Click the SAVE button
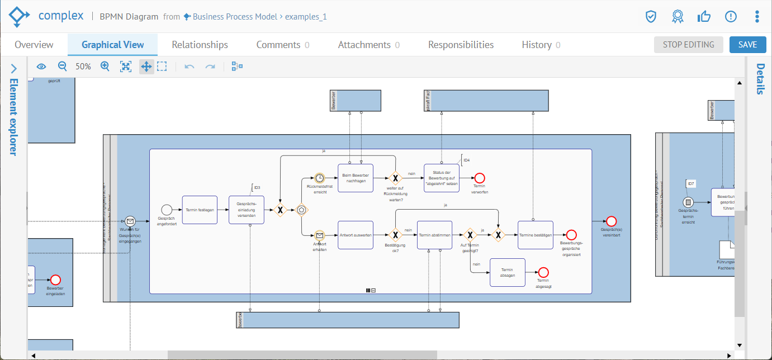pos(747,45)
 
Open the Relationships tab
pos(200,45)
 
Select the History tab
pos(537,45)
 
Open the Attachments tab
pos(364,45)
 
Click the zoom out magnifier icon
pos(63,67)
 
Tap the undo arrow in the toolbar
pos(190,67)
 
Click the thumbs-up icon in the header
pos(704,16)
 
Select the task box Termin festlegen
pos(200,210)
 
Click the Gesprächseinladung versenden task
pos(246,210)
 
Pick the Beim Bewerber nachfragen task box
pos(356,178)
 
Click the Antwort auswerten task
pos(356,235)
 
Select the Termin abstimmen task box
pos(434,235)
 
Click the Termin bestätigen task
pos(535,235)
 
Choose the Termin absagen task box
pos(508,272)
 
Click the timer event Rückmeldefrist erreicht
pos(319,178)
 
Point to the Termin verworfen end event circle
pos(480,178)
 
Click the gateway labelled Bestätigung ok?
pos(395,235)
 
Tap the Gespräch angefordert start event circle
pos(167,210)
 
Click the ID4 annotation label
pos(466,160)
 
